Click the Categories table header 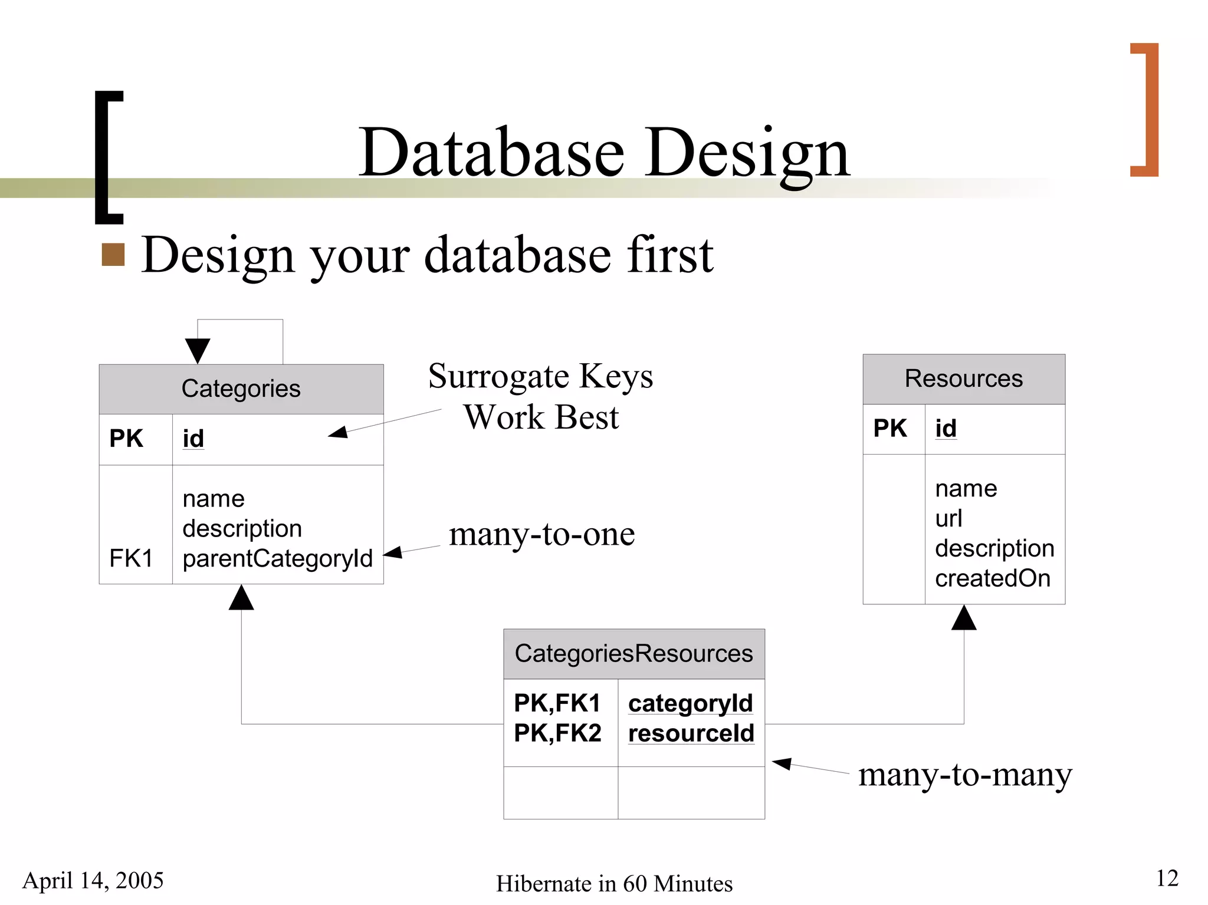point(241,389)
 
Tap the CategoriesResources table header point(633,654)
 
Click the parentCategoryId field point(277,558)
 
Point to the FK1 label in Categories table point(131,558)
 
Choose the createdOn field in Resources point(993,578)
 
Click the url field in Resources point(948,518)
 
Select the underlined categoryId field point(690,703)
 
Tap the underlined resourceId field point(691,733)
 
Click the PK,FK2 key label point(557,733)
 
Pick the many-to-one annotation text point(541,534)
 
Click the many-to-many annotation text point(964,775)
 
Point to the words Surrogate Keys point(540,376)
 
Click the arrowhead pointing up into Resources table point(964,618)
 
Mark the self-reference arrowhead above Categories point(198,350)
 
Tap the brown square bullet point(113,255)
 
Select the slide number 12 point(1167,878)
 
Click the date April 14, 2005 point(93,880)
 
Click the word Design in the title point(747,153)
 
